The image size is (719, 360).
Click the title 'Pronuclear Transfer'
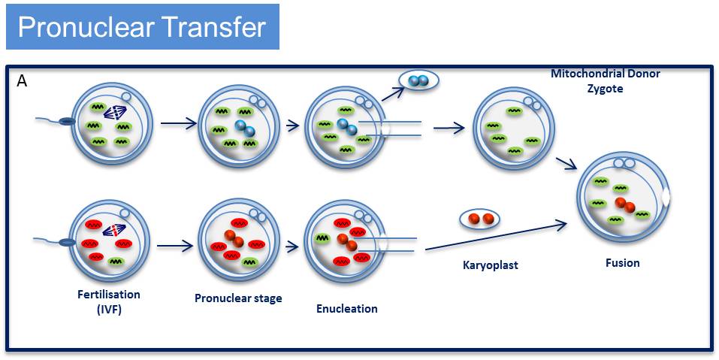tap(141, 27)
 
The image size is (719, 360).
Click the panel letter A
tap(22, 80)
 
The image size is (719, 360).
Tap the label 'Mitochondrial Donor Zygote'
tap(605, 80)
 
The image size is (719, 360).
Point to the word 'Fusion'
tap(622, 263)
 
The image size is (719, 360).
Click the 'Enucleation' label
tap(346, 308)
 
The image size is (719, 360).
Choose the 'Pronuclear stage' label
tap(238, 298)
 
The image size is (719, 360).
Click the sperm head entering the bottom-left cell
tap(66, 241)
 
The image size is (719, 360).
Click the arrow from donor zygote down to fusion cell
tap(565, 164)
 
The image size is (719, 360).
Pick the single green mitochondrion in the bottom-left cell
tap(116, 261)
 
